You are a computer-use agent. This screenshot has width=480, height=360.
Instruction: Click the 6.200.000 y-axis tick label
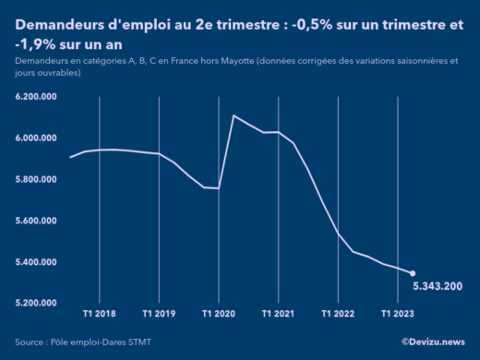click(x=38, y=97)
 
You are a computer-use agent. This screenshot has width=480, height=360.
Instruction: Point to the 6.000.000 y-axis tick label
click(x=38, y=138)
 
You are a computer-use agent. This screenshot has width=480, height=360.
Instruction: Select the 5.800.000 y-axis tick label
click(x=38, y=179)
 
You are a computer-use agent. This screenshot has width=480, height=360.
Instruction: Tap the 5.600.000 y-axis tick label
click(x=38, y=221)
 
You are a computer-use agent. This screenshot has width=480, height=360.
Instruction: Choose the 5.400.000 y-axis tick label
click(x=38, y=262)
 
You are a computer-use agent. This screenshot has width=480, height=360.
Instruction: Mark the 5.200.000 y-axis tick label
click(x=38, y=303)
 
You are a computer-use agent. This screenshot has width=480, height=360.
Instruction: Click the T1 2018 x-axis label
click(x=99, y=314)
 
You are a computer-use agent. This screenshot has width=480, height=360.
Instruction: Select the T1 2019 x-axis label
click(x=159, y=314)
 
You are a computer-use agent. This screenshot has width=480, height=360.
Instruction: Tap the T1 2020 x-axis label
click(x=218, y=314)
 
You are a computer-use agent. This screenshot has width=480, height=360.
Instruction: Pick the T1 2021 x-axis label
click(x=278, y=314)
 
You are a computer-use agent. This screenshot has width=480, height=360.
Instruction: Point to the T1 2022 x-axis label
click(x=338, y=314)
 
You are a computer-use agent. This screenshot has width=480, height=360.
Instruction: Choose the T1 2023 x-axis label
click(x=398, y=314)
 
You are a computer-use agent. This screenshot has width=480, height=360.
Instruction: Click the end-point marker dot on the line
click(x=413, y=273)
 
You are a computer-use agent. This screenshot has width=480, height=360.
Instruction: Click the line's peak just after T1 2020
click(x=234, y=115)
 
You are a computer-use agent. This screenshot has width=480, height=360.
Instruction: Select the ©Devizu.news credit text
click(x=433, y=342)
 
